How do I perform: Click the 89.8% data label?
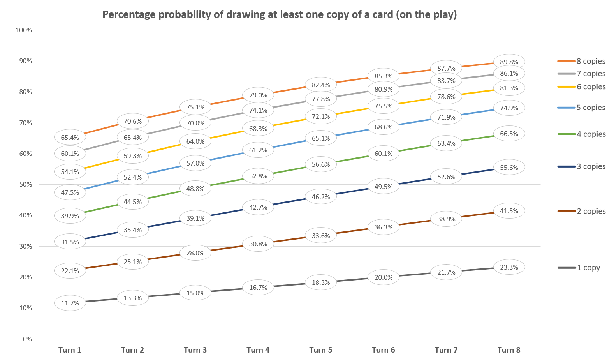[509, 62]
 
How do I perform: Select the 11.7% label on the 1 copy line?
[70, 303]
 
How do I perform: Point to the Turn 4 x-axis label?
[258, 350]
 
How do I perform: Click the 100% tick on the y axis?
[24, 30]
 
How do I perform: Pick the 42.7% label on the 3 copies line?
[258, 207]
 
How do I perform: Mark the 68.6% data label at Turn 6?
[384, 127]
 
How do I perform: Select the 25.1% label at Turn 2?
[133, 262]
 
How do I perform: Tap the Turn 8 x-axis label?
[509, 350]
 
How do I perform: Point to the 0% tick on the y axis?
[27, 339]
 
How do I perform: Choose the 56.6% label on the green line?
[321, 164]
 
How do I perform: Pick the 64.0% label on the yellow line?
[195, 141]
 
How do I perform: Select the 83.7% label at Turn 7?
[446, 81]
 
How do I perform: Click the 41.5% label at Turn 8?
[509, 211]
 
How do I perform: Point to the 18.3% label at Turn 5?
[321, 282]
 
